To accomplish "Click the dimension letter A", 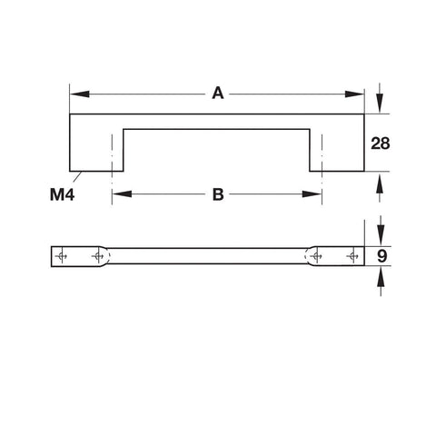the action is pos(218,93).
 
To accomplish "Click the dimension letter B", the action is pos(218,194).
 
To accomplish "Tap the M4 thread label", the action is pos(62,194).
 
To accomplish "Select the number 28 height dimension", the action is pos(381,144).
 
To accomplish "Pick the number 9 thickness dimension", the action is pos(382,256).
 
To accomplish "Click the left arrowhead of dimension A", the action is pos(80,94).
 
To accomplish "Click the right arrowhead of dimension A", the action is pos(354,94).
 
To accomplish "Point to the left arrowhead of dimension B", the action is pos(122,193).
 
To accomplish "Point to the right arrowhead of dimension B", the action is pos(312,193).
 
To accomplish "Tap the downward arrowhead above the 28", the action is pos(381,104).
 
